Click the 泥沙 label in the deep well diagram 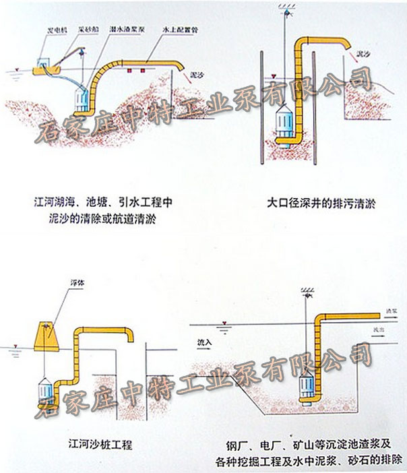pos(363,53)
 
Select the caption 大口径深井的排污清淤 pos(315,201)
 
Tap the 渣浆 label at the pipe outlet pos(390,311)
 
